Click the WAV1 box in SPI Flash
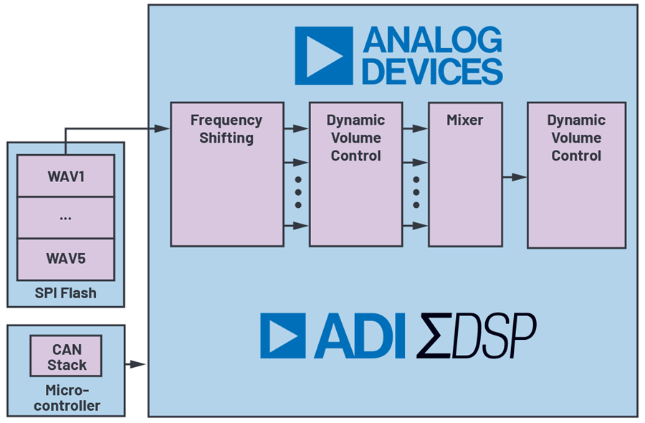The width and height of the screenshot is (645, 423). (x=65, y=176)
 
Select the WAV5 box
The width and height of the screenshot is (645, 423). (x=65, y=259)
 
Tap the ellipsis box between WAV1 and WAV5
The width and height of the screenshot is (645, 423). (x=65, y=217)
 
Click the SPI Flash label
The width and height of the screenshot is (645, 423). (x=65, y=293)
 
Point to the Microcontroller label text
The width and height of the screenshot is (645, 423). (x=65, y=398)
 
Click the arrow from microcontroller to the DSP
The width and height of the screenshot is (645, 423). (x=135, y=364)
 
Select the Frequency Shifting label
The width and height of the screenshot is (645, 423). (x=226, y=129)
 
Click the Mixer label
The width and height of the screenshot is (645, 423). (x=464, y=120)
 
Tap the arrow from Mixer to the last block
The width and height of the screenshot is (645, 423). (x=513, y=176)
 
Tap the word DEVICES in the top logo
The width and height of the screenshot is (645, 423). (x=432, y=72)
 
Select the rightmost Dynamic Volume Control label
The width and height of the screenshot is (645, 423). (x=576, y=138)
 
